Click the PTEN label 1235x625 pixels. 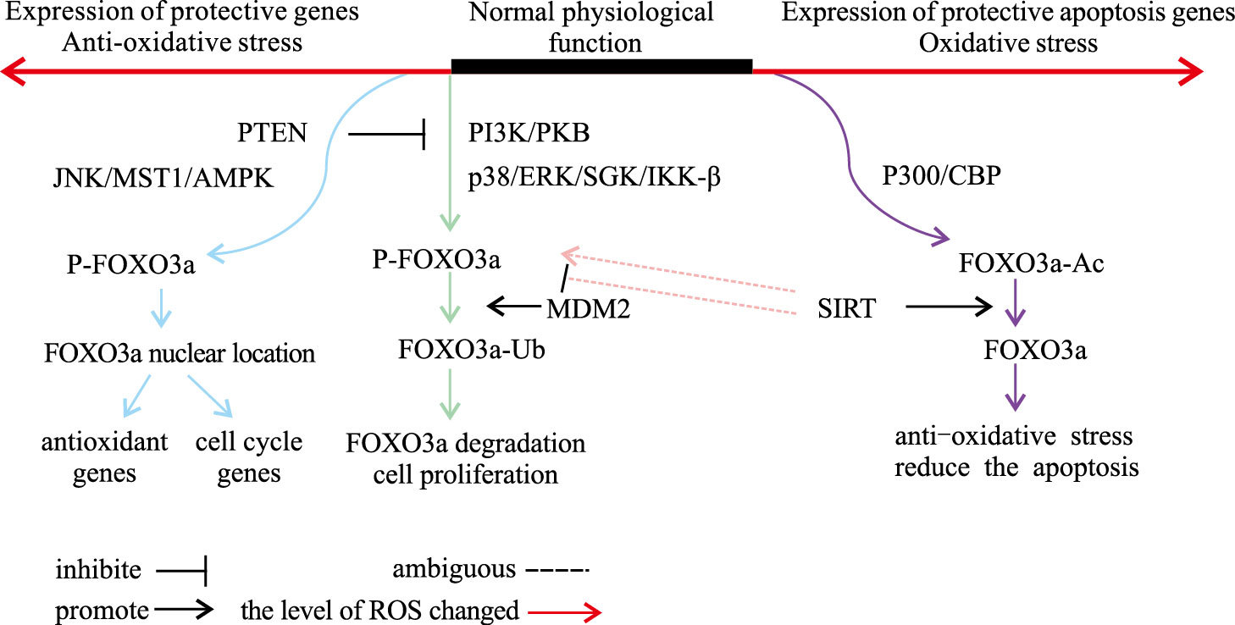click(x=272, y=133)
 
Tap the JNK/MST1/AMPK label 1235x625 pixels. click(x=163, y=179)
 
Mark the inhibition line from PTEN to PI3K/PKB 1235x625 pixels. click(x=386, y=133)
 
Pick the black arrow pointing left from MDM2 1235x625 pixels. click(x=514, y=307)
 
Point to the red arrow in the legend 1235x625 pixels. click(x=563, y=611)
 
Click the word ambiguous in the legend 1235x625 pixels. click(x=453, y=569)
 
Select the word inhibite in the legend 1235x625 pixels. click(x=99, y=569)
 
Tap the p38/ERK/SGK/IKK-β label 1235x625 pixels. click(x=594, y=179)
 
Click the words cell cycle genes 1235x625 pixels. click(x=249, y=457)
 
